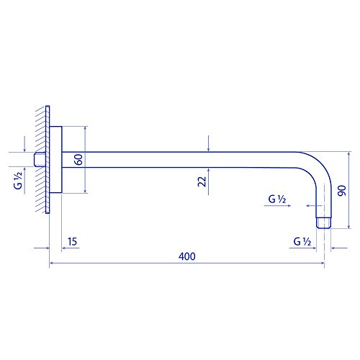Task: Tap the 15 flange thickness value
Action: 73,242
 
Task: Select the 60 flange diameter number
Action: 78,160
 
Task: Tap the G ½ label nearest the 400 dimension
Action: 302,241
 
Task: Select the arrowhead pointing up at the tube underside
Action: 207,170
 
